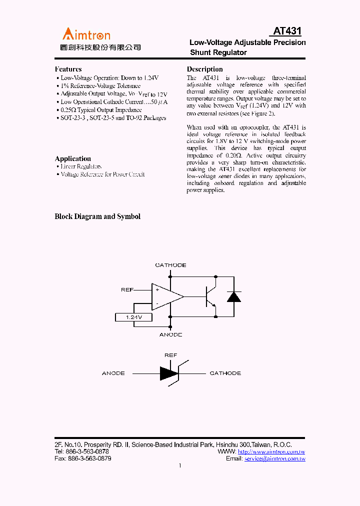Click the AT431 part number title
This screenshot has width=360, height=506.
(287, 31)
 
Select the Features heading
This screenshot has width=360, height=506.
(68, 69)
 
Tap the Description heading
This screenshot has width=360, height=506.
(204, 69)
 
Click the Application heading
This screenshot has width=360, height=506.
(72, 158)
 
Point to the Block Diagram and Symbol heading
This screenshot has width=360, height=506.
(97, 216)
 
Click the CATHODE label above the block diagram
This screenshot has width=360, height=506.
(170, 265)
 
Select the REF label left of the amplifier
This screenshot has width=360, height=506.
(127, 289)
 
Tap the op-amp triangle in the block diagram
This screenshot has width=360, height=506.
(166, 296)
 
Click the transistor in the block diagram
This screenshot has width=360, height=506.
(210, 296)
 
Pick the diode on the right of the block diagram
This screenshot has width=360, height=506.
(233, 296)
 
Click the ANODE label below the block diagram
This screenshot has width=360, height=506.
(170, 334)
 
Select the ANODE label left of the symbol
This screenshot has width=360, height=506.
(113, 373)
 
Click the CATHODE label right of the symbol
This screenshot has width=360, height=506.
(225, 373)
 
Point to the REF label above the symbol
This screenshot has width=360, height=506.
(170, 355)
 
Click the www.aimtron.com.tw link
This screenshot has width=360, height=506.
(271, 451)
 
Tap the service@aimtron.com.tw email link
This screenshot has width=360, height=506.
(274, 458)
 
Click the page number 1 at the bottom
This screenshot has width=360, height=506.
(180, 465)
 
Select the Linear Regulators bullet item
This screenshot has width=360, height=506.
(81, 166)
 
